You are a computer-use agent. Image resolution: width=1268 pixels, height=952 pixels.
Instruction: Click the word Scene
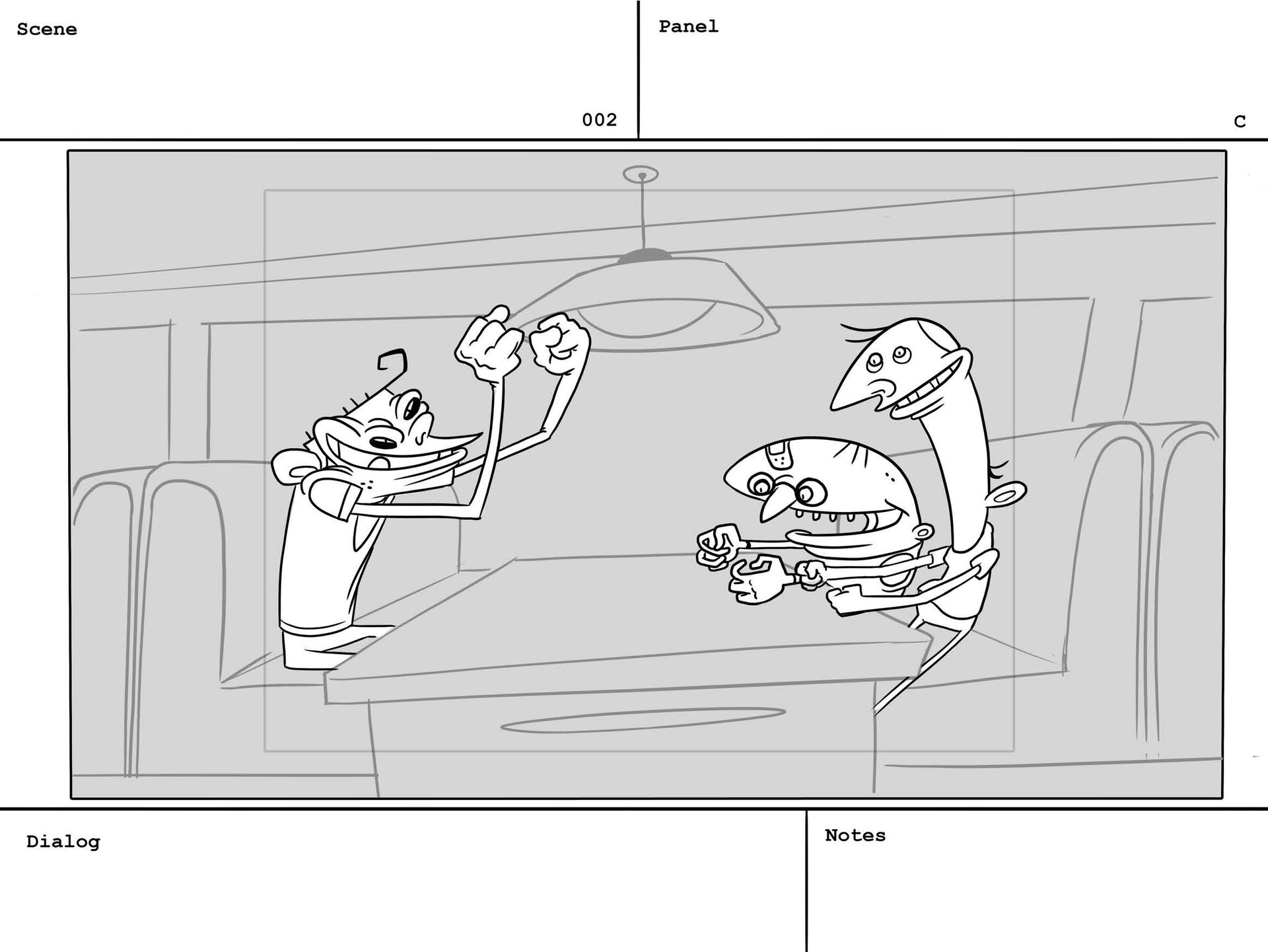coord(47,30)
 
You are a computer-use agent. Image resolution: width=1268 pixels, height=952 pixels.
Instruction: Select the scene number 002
coord(599,120)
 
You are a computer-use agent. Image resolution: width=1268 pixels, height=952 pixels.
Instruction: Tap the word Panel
coord(688,26)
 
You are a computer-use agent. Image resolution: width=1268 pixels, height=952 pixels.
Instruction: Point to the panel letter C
coord(1240,122)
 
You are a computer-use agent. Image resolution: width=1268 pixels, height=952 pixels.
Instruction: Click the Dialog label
coord(63,842)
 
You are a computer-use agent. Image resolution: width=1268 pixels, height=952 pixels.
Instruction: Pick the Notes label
coord(855,835)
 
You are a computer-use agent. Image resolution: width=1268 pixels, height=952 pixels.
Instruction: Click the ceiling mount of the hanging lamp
coord(641,175)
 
